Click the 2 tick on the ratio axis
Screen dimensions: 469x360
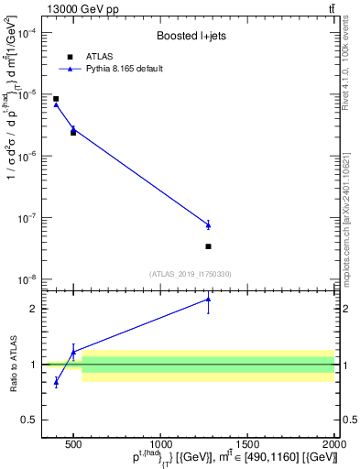coord(35,309)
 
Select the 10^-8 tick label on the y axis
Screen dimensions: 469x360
coord(27,279)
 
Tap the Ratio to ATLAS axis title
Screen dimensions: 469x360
coord(13,364)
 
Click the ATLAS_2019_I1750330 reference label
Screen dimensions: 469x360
coord(191,273)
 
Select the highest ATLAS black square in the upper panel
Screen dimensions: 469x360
coord(56,99)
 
